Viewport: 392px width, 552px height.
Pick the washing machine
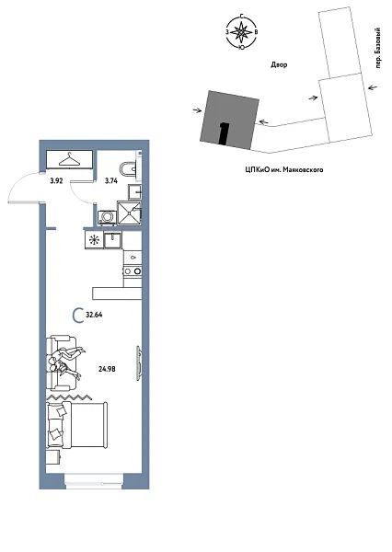107,216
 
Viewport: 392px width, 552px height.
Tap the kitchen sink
115,240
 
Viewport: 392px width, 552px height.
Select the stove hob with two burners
132,270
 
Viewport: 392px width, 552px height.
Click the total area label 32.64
93,315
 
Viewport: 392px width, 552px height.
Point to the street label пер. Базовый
378,59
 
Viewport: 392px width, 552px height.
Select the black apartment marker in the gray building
224,132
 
